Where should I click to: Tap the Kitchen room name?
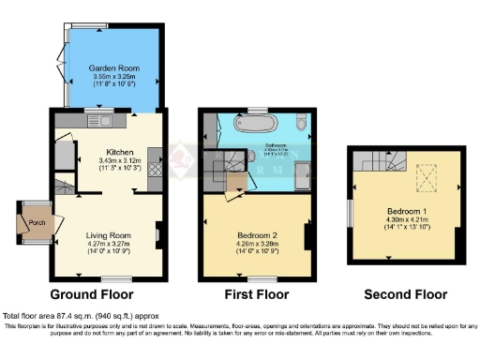[x=119, y=152]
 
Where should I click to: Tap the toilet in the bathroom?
[x=297, y=124]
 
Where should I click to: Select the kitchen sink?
[x=96, y=121]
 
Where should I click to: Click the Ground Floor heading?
[x=101, y=292]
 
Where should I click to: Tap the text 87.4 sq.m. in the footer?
[x=76, y=317]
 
